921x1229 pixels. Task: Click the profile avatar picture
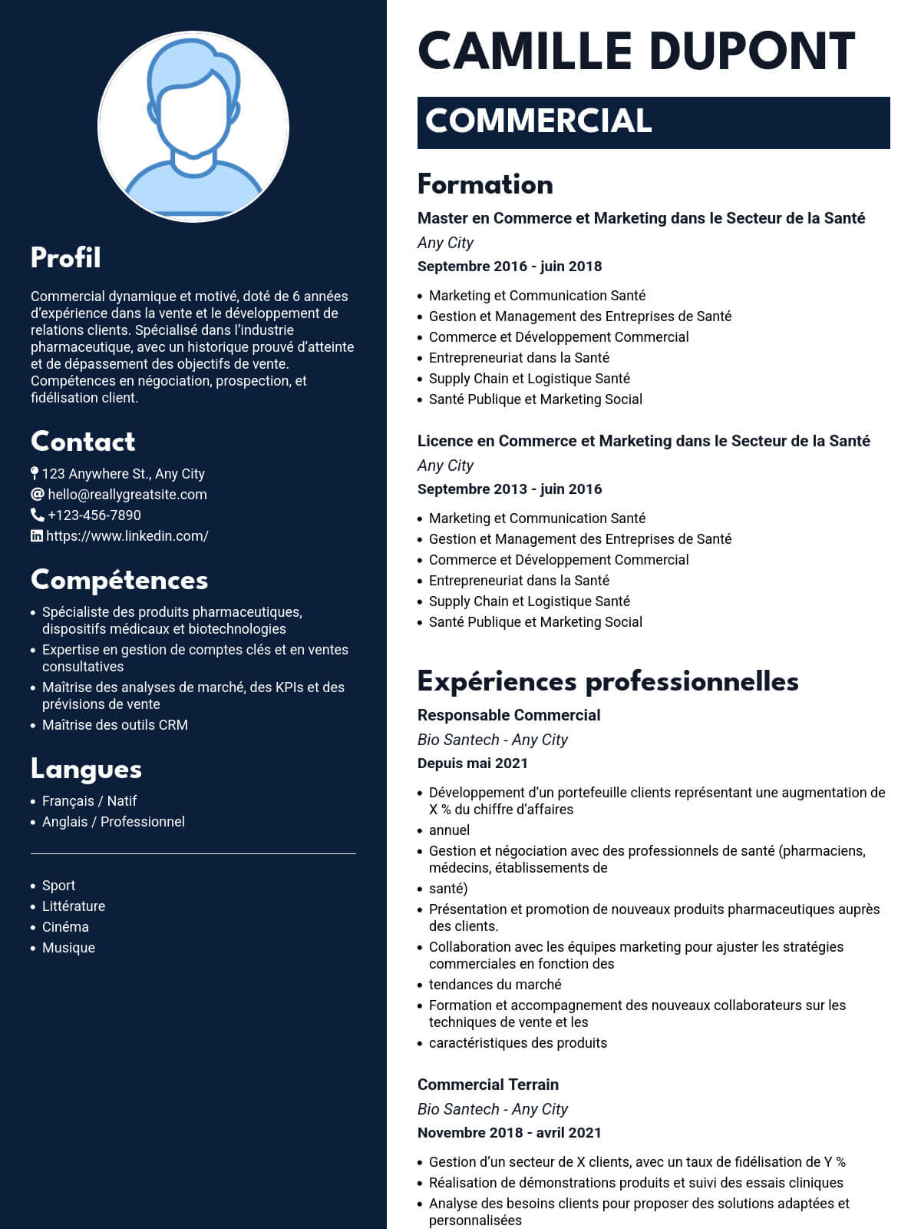pos(193,128)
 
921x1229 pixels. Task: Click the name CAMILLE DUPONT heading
pos(636,52)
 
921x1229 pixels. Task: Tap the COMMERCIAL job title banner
pos(653,122)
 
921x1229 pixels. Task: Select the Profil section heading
pos(66,258)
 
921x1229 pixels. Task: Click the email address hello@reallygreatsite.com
pos(127,495)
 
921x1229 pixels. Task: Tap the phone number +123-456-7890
pos(94,515)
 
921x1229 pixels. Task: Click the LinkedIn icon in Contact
pos(36,536)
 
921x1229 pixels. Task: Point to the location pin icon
pos(35,474)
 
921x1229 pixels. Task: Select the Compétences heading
pos(119,580)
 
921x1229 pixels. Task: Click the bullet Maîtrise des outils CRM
pos(115,725)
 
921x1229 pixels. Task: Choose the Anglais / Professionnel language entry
pos(114,822)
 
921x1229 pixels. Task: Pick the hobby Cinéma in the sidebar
pos(65,927)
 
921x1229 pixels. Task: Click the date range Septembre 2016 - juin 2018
pos(510,267)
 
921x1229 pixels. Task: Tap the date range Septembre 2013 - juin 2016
pos(510,489)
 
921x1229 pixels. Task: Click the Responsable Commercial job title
pos(509,715)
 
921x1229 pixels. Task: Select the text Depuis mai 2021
pos(473,764)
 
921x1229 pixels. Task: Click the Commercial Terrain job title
pos(488,1085)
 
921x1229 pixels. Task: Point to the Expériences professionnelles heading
pos(608,681)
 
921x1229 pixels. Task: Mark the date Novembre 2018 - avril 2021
pos(510,1133)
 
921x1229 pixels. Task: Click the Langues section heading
pos(86,769)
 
